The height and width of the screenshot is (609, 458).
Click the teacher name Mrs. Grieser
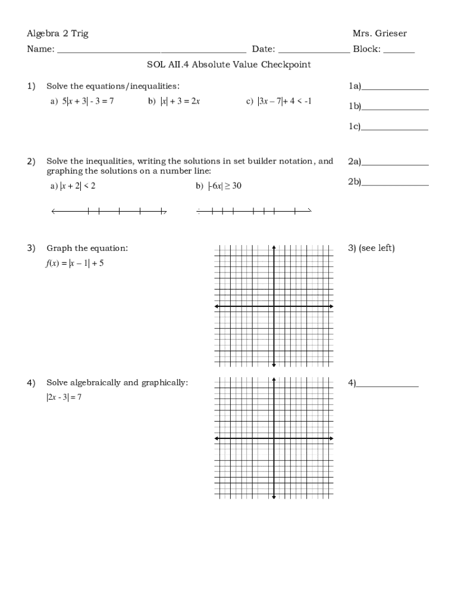379,33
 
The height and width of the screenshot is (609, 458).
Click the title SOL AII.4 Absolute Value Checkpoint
229,65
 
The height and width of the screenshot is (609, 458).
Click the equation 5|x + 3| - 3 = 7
87,102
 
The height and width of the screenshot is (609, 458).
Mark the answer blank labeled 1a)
395,88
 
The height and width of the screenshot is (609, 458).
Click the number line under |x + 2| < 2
109,211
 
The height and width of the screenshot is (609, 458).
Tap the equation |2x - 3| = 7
64,397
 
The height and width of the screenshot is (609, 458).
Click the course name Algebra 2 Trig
58,33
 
